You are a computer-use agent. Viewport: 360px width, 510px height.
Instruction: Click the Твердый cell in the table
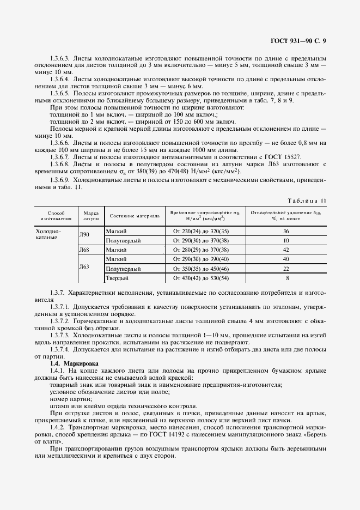(117, 278)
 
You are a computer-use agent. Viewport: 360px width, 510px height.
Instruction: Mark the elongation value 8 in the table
(286, 278)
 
